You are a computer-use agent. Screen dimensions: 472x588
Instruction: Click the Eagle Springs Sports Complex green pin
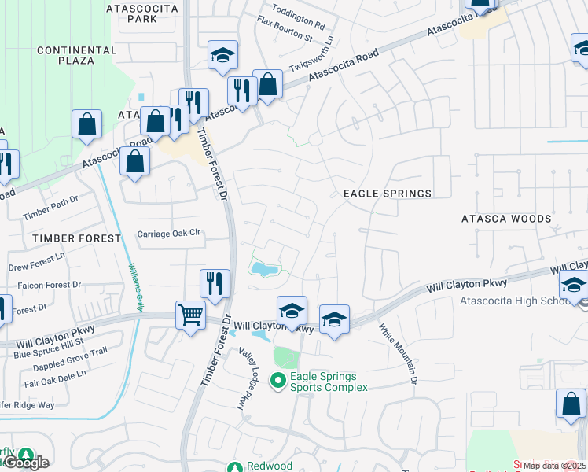[277, 382]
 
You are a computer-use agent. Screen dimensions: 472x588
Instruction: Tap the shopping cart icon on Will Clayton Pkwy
[191, 315]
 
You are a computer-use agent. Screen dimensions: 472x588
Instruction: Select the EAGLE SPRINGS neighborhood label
[388, 194]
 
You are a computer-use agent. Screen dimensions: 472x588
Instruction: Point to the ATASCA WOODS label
[506, 219]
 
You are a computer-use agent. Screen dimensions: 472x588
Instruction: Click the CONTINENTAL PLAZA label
[76, 55]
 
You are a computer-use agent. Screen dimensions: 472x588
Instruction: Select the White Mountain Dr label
[398, 355]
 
